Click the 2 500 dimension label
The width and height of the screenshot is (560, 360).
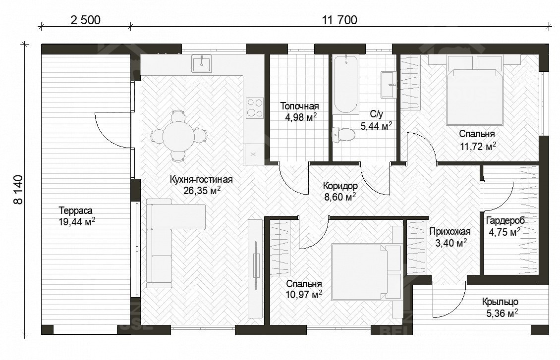(x=85, y=20)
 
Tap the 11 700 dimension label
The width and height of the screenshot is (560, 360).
(x=339, y=20)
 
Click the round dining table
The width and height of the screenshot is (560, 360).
(x=178, y=136)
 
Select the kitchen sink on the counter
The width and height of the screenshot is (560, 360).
(x=201, y=63)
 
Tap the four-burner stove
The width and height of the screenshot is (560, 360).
(x=255, y=108)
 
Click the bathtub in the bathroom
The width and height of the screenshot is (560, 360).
(x=346, y=85)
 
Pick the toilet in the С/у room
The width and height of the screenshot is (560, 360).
(x=343, y=135)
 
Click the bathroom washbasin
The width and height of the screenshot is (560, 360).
(x=389, y=85)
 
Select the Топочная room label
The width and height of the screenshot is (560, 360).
(x=299, y=106)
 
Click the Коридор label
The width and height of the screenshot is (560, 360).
(x=340, y=186)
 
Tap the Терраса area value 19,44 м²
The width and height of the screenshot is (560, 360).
(x=77, y=222)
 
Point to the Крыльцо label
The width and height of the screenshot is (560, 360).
(x=500, y=302)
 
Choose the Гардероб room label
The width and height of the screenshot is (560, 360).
(x=505, y=221)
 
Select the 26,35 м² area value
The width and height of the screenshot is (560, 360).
(x=202, y=191)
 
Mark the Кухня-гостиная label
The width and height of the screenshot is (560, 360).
(x=201, y=179)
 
